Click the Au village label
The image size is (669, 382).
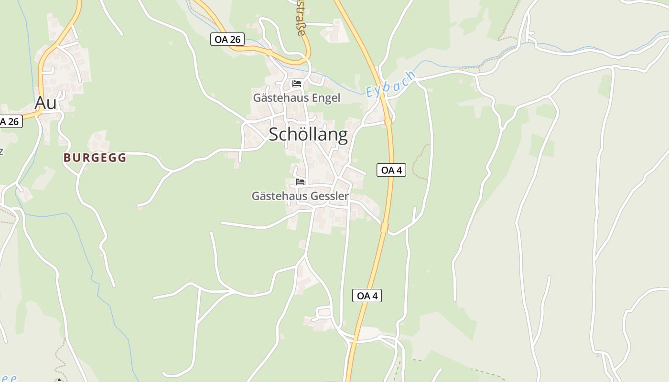coord(45,103)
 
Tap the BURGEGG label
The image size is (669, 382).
coord(95,158)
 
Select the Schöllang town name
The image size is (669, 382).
coord(308,135)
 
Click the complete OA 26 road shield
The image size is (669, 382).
coord(227,40)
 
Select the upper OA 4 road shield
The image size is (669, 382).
coord(391,170)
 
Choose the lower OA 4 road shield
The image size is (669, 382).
coord(367,296)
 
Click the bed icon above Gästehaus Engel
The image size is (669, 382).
coord(297,84)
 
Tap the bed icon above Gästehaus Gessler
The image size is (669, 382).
coord(300,181)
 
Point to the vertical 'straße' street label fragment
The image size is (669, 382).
coord(301,19)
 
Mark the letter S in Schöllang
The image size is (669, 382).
coord(274,135)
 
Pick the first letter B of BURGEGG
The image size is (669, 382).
coord(67,158)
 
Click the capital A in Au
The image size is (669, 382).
coord(41,103)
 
